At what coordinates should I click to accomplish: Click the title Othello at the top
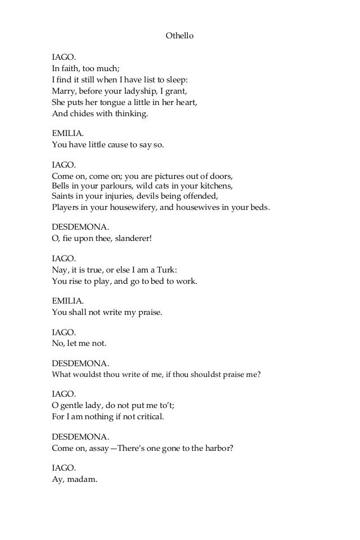179,36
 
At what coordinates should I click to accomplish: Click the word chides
80,113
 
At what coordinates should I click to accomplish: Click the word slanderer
131,238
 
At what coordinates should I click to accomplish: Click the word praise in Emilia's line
149,311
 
